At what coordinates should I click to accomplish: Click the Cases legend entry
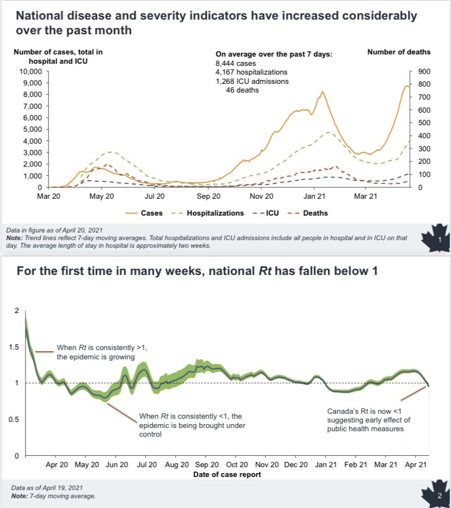point(144,213)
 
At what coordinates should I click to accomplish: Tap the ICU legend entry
point(266,213)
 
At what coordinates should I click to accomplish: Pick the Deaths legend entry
point(308,213)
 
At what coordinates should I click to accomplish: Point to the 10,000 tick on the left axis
point(31,71)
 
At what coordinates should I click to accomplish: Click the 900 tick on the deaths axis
point(424,71)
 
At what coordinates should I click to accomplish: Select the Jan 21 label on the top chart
point(314,197)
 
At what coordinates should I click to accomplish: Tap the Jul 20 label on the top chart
point(154,197)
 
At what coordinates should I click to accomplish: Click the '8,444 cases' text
point(236,64)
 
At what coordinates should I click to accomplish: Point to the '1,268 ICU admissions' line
point(252,81)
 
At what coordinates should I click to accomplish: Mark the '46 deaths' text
point(242,90)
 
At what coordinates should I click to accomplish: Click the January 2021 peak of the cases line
point(322,91)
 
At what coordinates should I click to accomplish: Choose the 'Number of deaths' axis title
point(399,52)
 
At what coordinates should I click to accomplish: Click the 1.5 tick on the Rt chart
point(14,347)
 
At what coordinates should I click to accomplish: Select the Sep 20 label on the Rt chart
point(207,464)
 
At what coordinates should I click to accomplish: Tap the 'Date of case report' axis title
point(227,475)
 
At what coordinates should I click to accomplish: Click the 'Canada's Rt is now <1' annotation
point(364,412)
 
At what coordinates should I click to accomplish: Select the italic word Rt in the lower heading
point(264,271)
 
